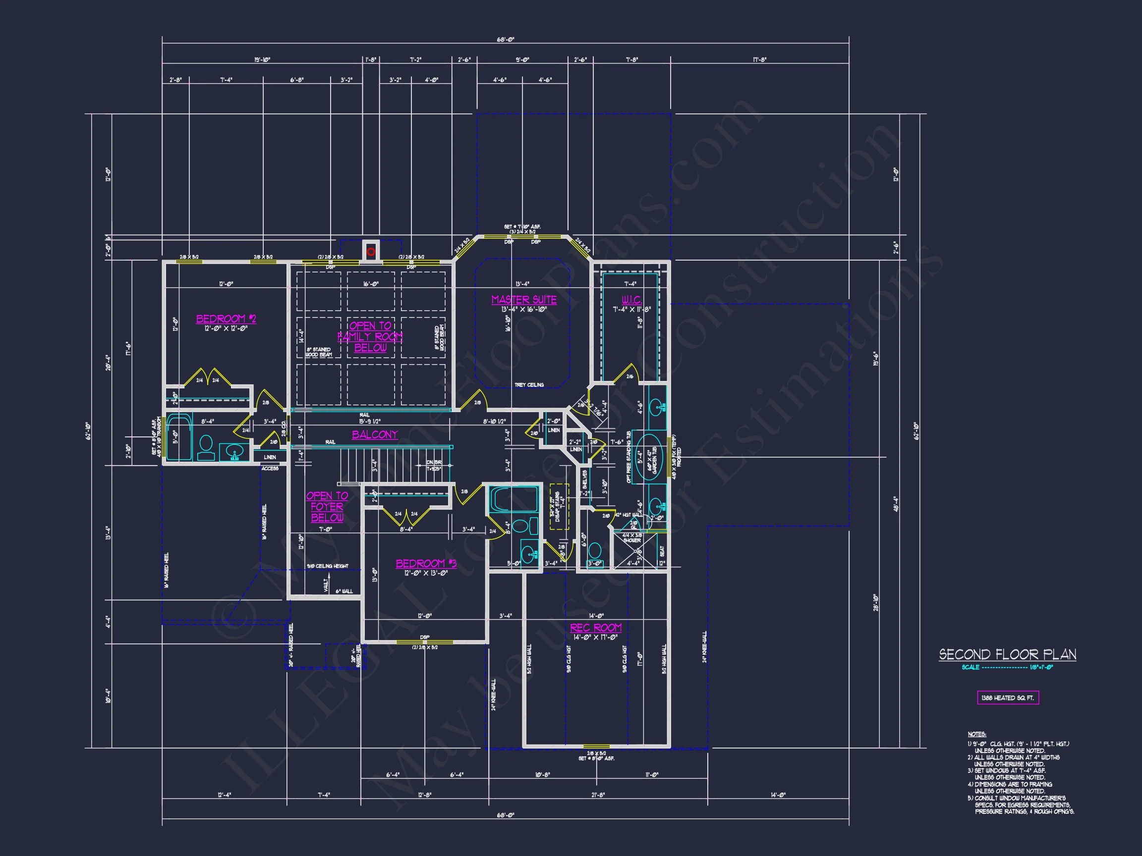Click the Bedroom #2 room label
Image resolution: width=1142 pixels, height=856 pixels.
click(226, 319)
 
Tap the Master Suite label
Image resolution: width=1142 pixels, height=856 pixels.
click(523, 300)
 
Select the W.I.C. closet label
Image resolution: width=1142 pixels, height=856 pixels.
click(631, 300)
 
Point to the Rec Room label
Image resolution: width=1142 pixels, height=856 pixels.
click(595, 628)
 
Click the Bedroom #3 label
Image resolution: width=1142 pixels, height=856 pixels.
click(426, 563)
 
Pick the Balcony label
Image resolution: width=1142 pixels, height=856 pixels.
click(375, 434)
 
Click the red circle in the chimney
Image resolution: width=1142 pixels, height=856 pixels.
click(371, 252)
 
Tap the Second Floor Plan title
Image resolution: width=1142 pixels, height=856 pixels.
click(1007, 655)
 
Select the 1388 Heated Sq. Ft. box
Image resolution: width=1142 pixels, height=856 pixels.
click(1007, 697)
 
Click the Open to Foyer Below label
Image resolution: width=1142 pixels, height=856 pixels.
click(327, 507)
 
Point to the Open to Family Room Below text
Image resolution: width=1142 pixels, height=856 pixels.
click(370, 337)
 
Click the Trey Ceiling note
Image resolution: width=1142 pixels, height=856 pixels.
click(529, 385)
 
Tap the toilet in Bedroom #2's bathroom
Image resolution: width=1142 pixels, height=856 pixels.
click(206, 447)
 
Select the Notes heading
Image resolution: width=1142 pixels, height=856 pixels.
click(976, 734)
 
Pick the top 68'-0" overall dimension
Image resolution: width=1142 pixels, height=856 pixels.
click(506, 39)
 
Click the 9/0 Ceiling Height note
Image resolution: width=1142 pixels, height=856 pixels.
click(327, 566)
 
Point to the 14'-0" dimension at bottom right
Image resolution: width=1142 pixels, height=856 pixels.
click(778, 795)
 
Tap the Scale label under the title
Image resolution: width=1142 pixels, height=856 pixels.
click(970, 667)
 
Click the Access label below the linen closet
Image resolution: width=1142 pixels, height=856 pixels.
click(270, 469)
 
